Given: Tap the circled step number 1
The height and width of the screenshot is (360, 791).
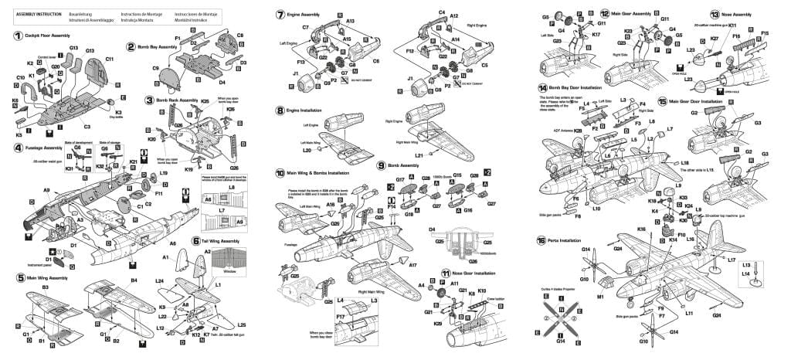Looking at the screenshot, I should (18, 36).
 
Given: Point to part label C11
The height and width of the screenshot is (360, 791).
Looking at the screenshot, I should (109, 59).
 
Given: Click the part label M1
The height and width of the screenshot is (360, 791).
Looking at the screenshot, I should (599, 296).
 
